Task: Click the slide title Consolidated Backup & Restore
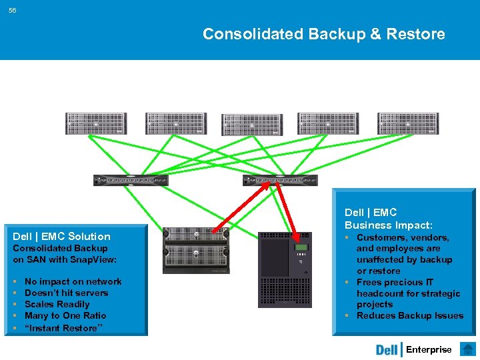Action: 323,34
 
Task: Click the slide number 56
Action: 13,10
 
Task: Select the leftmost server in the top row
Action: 95,123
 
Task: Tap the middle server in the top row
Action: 251,125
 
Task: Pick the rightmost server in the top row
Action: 408,123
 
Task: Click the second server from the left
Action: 175,123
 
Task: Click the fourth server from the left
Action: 329,123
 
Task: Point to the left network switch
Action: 131,180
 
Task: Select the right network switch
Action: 280,180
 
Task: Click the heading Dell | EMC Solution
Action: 62,236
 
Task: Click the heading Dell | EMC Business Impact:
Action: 388,219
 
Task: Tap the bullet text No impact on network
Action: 73,281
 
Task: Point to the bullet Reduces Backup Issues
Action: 409,315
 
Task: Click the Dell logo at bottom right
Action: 387,350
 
